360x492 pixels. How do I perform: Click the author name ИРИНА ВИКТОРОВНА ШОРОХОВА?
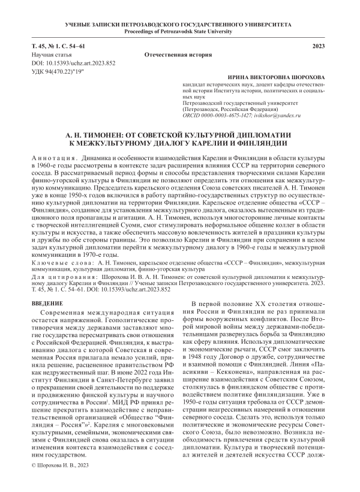276,79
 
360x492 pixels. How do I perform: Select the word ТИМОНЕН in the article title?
110,136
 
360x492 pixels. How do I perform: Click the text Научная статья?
54,54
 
